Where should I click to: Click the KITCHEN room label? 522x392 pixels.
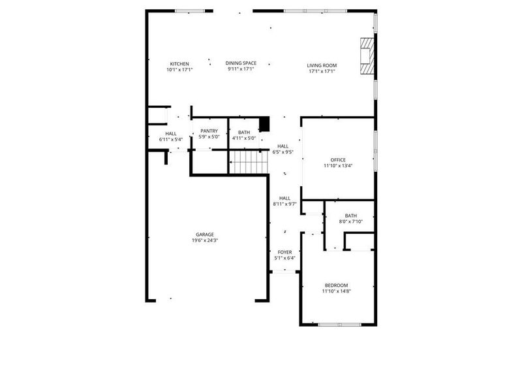(179, 63)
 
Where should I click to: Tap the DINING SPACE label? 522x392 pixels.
(241, 63)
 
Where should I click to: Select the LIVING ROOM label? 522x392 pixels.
(322, 65)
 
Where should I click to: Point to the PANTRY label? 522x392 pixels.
(209, 131)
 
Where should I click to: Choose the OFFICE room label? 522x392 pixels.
(338, 160)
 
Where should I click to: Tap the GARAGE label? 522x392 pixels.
(205, 235)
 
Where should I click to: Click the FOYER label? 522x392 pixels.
(285, 252)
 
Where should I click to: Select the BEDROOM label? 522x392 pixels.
(337, 286)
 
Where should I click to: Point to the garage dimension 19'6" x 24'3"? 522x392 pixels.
(205, 240)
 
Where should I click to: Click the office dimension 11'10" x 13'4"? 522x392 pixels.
(338, 166)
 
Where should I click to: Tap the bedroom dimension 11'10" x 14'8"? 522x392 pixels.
(337, 291)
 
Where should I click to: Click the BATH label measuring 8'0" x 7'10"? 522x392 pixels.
(351, 216)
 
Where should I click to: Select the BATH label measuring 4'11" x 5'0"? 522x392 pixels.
(243, 133)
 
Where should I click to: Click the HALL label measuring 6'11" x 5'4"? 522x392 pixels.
(171, 133)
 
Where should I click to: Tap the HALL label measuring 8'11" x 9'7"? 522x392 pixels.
(285, 198)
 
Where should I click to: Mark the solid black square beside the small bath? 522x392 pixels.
(264, 124)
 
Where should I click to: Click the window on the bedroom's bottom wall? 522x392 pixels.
(339, 325)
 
